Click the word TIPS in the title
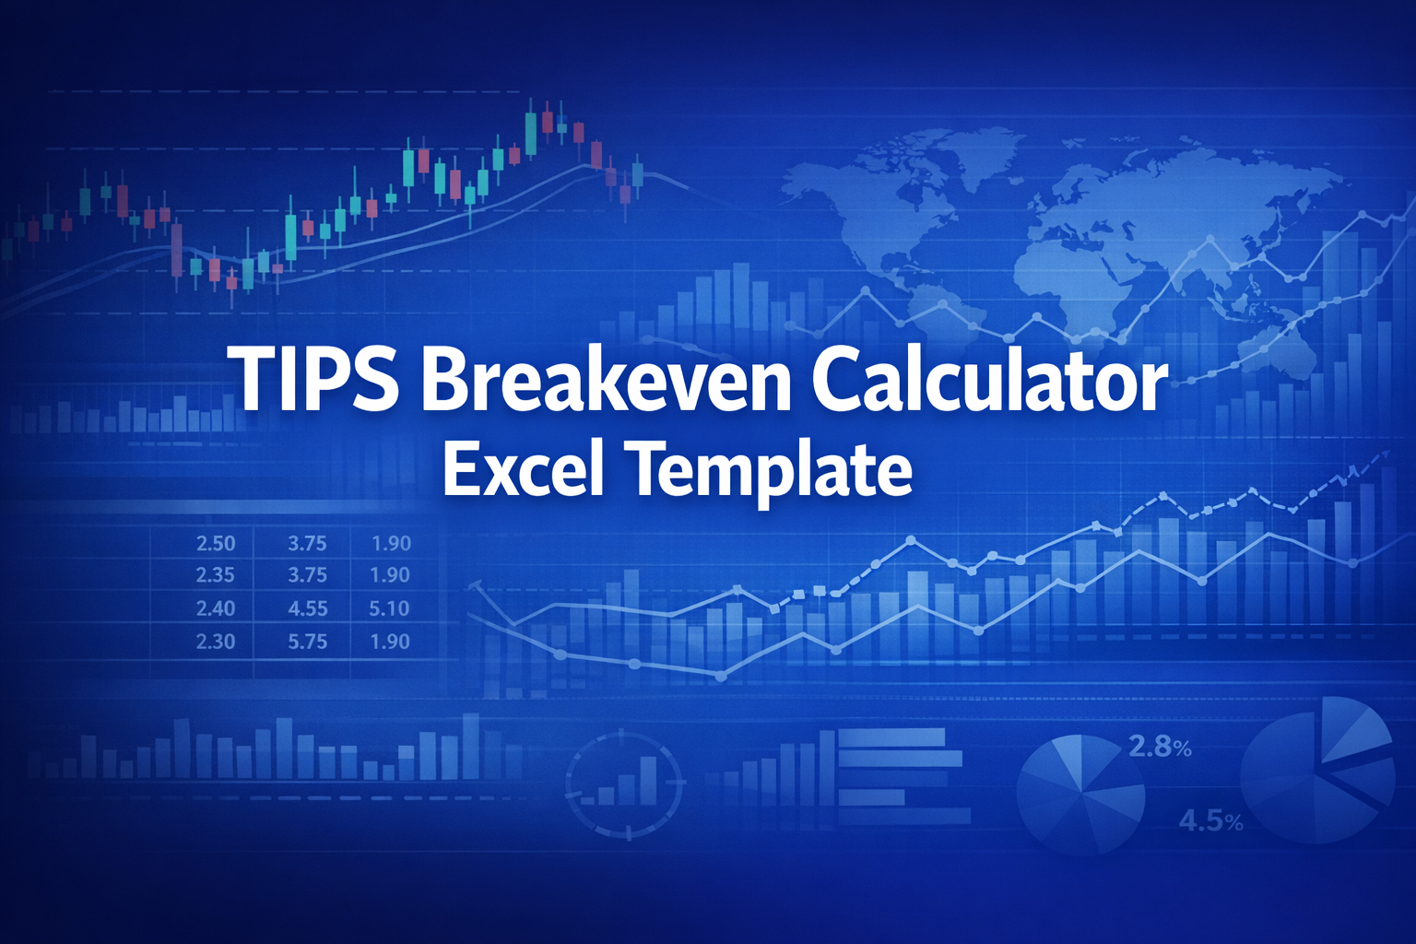pos(316,379)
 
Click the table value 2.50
pos(216,544)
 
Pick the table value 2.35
pos(216,575)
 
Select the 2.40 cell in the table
pos(216,608)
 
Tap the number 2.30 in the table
pos(216,642)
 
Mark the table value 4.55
pos(307,608)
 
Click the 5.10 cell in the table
pos(389,608)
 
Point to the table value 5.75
pos(307,642)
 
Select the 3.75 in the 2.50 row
pos(307,544)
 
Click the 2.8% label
pos(1160,747)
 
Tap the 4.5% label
pos(1210,820)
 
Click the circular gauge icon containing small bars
pos(626,785)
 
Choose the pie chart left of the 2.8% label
pos(1080,793)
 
